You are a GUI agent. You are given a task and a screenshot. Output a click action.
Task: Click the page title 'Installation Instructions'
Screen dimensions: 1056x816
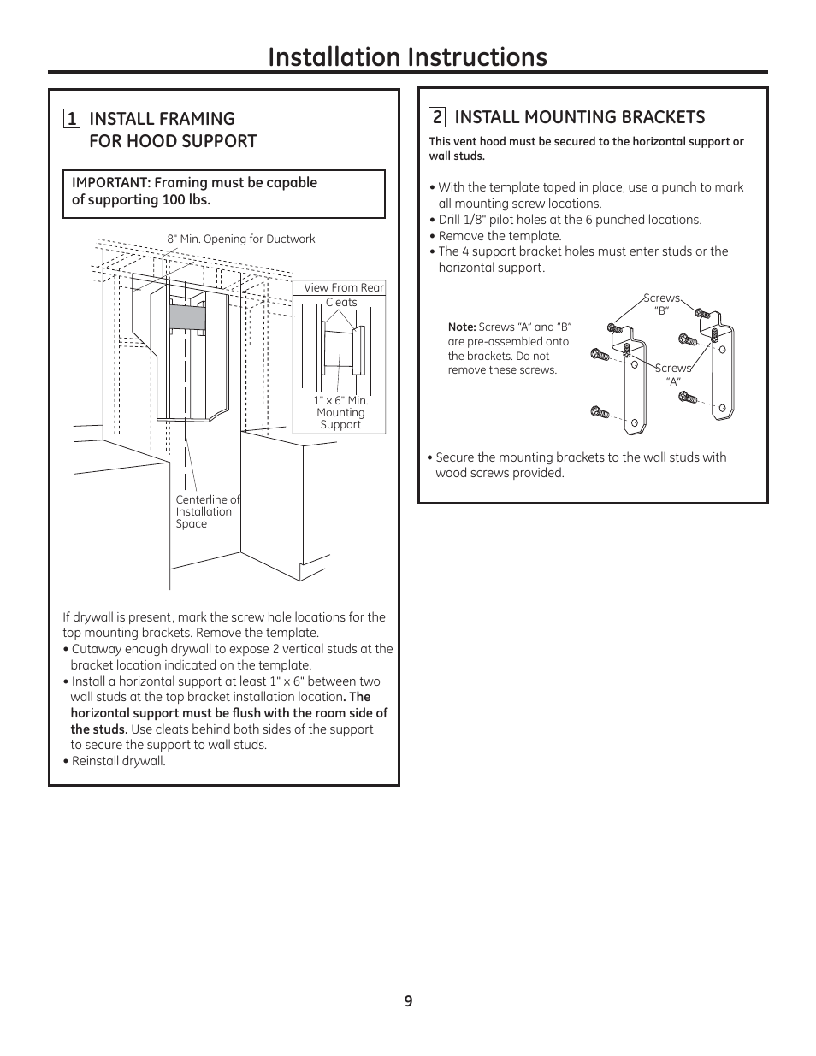(407, 56)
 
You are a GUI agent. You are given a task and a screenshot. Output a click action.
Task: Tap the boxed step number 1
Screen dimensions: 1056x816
(72, 119)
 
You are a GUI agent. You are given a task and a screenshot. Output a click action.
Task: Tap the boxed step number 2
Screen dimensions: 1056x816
(437, 117)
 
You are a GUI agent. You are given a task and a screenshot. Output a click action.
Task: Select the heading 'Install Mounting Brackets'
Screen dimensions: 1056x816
(580, 117)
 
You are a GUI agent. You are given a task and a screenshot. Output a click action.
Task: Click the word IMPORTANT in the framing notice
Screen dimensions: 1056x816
(110, 183)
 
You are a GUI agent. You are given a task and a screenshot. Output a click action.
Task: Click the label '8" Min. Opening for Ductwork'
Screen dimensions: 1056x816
(241, 239)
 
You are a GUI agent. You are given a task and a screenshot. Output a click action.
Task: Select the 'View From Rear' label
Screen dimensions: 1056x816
(344, 288)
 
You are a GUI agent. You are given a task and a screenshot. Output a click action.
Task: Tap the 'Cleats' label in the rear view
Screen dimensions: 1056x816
(341, 303)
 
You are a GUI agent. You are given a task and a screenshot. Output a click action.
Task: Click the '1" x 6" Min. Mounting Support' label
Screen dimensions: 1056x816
(340, 412)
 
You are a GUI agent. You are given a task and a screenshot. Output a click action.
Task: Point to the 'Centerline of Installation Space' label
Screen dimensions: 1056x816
(207, 511)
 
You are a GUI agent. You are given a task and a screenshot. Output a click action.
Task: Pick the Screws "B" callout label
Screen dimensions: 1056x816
(661, 304)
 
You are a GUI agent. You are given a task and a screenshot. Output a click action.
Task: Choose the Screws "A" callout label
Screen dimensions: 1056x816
(673, 375)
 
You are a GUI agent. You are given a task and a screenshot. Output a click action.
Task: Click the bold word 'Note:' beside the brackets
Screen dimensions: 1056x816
(462, 327)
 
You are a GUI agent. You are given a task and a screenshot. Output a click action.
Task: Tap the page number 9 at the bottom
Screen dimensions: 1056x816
(408, 1001)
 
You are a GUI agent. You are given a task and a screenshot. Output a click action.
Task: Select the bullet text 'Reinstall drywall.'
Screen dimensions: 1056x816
(118, 761)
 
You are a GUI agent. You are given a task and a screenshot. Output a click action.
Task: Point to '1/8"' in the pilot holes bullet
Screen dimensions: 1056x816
(474, 220)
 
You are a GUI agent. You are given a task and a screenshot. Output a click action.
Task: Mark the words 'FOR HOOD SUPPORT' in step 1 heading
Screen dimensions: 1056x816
(173, 141)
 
